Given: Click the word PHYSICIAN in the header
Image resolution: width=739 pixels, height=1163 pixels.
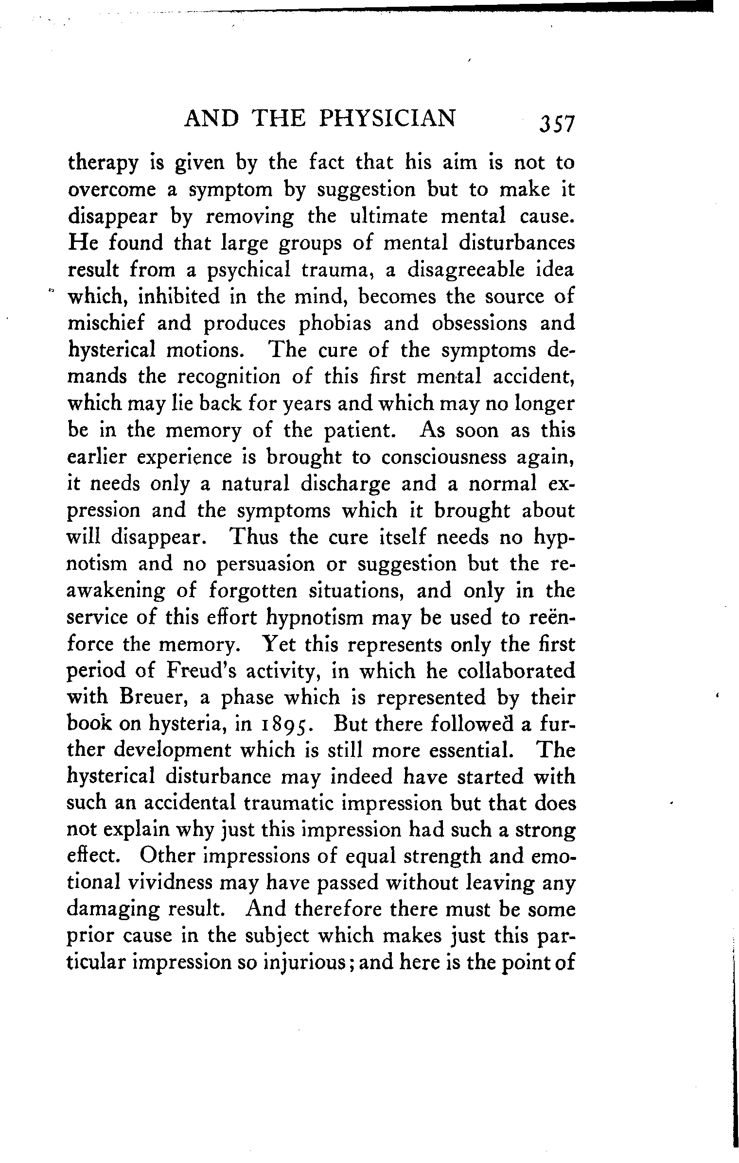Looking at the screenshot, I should (387, 118).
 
